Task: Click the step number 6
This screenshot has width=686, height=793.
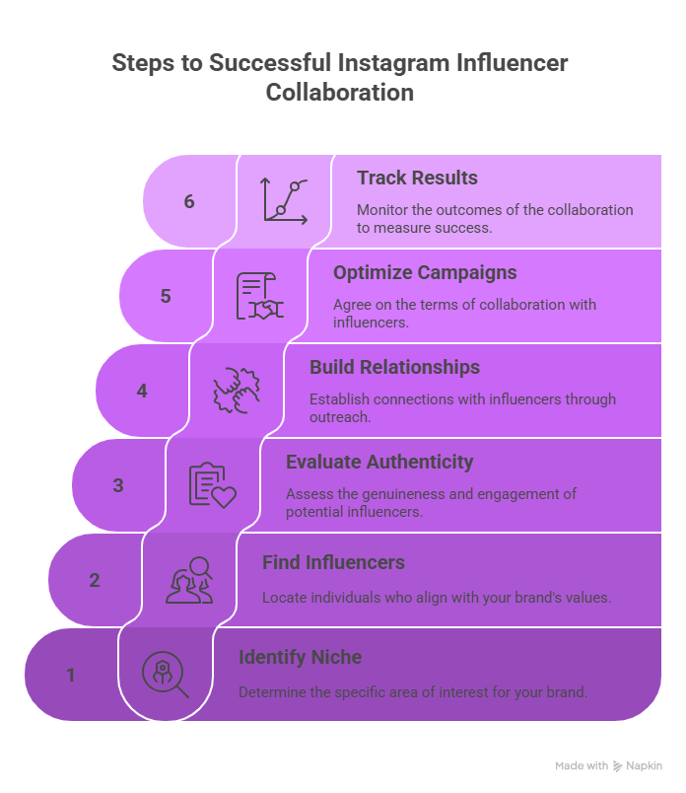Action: pos(189,201)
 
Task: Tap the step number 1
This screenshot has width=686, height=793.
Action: pos(71,675)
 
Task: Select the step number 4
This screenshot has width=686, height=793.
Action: pos(142,391)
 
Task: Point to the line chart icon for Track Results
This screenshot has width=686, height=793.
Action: pos(284,200)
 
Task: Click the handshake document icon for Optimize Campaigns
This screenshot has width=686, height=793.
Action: pos(259,296)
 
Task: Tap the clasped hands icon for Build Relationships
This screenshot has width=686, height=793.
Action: pos(237,390)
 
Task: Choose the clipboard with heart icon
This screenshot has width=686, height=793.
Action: pos(212,485)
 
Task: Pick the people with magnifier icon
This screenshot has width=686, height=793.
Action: pos(189,580)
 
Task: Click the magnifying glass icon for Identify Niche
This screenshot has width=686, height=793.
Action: pos(165,675)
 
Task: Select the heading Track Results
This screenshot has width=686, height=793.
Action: pos(417,178)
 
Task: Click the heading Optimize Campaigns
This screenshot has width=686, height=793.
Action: pos(425,272)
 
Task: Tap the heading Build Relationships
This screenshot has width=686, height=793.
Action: pos(394,367)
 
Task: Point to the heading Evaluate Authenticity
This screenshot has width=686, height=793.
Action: pos(379,462)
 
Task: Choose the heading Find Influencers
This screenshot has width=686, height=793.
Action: pos(333,562)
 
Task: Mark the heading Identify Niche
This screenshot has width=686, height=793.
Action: pos(300,657)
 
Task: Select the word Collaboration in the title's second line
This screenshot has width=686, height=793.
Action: pos(340,93)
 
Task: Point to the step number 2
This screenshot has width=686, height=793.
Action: pos(95,580)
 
